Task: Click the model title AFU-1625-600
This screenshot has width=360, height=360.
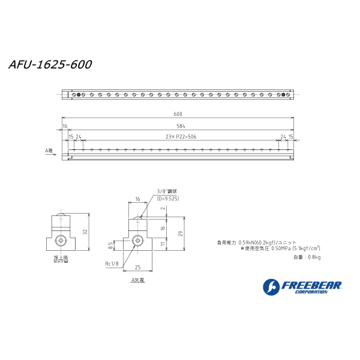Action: point(50,64)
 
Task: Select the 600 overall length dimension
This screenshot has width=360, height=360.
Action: point(178,114)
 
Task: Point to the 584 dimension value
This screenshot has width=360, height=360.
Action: point(181,126)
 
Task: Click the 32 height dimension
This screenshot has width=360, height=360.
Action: point(86,232)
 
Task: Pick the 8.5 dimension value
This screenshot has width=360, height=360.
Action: point(110,245)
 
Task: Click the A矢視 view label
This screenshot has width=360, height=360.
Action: point(139,279)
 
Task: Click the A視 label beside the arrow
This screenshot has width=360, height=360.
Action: point(50,152)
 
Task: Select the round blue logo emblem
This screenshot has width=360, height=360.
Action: point(271,287)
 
